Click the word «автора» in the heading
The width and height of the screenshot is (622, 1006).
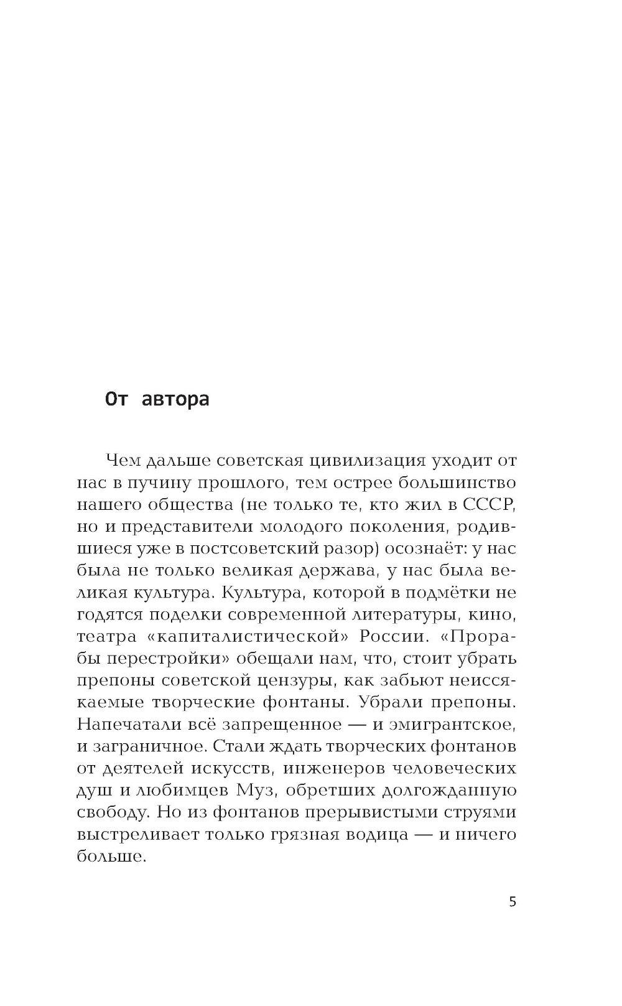click(x=176, y=398)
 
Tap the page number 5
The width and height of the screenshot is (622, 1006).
click(x=513, y=902)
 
